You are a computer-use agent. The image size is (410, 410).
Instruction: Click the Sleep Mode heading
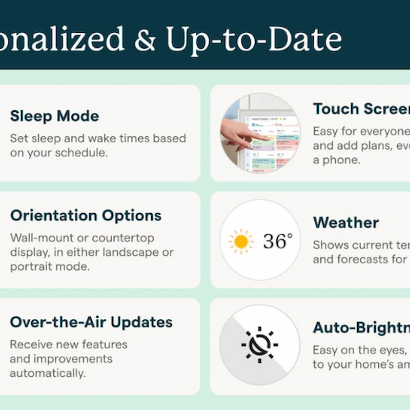54,116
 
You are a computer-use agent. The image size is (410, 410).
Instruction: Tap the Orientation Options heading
86,215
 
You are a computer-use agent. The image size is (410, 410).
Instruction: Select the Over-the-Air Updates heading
91,322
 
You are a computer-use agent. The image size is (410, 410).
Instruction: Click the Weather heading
346,222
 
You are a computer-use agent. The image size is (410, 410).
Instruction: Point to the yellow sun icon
240,241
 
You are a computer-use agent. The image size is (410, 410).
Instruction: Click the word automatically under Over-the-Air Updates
48,373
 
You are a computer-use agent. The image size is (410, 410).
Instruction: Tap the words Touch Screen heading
361,109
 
